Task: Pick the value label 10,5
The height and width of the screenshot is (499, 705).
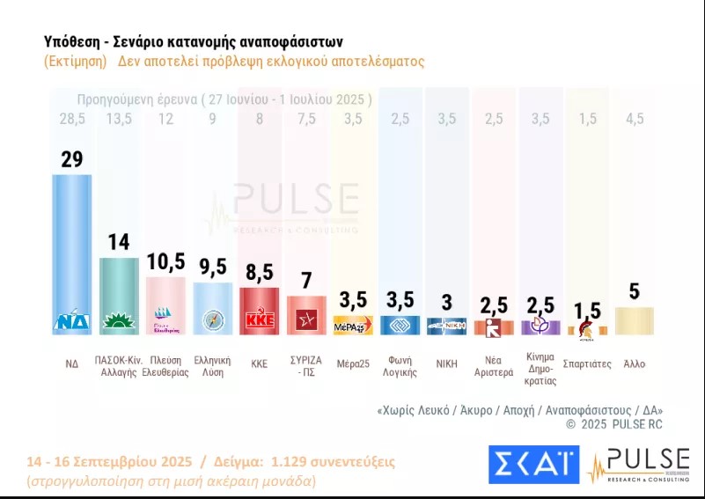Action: (165, 262)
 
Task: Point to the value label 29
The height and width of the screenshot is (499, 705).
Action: (72, 158)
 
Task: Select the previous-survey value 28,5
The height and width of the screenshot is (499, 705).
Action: (72, 119)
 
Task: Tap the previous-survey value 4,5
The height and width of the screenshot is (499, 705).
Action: (634, 119)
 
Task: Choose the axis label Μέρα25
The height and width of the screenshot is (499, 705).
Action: (353, 363)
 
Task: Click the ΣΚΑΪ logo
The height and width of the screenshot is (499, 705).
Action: (532, 465)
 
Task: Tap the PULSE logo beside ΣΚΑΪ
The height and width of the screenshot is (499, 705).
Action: (639, 465)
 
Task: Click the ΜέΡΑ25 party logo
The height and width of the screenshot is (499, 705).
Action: (354, 325)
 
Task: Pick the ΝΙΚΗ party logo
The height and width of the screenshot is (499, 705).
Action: (448, 327)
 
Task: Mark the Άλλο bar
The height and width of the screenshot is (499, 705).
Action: (634, 320)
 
